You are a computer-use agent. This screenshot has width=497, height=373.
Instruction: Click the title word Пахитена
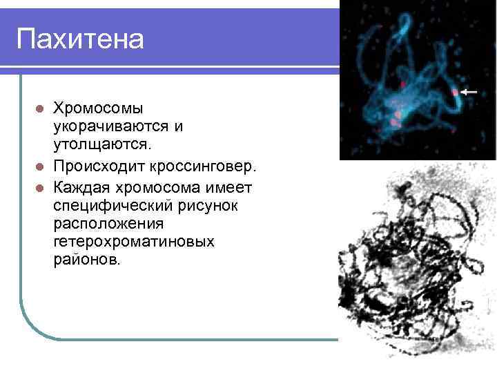tap(80, 39)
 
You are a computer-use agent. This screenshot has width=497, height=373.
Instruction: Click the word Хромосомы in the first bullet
tap(99, 108)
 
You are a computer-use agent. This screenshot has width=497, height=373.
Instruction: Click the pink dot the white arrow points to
tap(454, 91)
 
